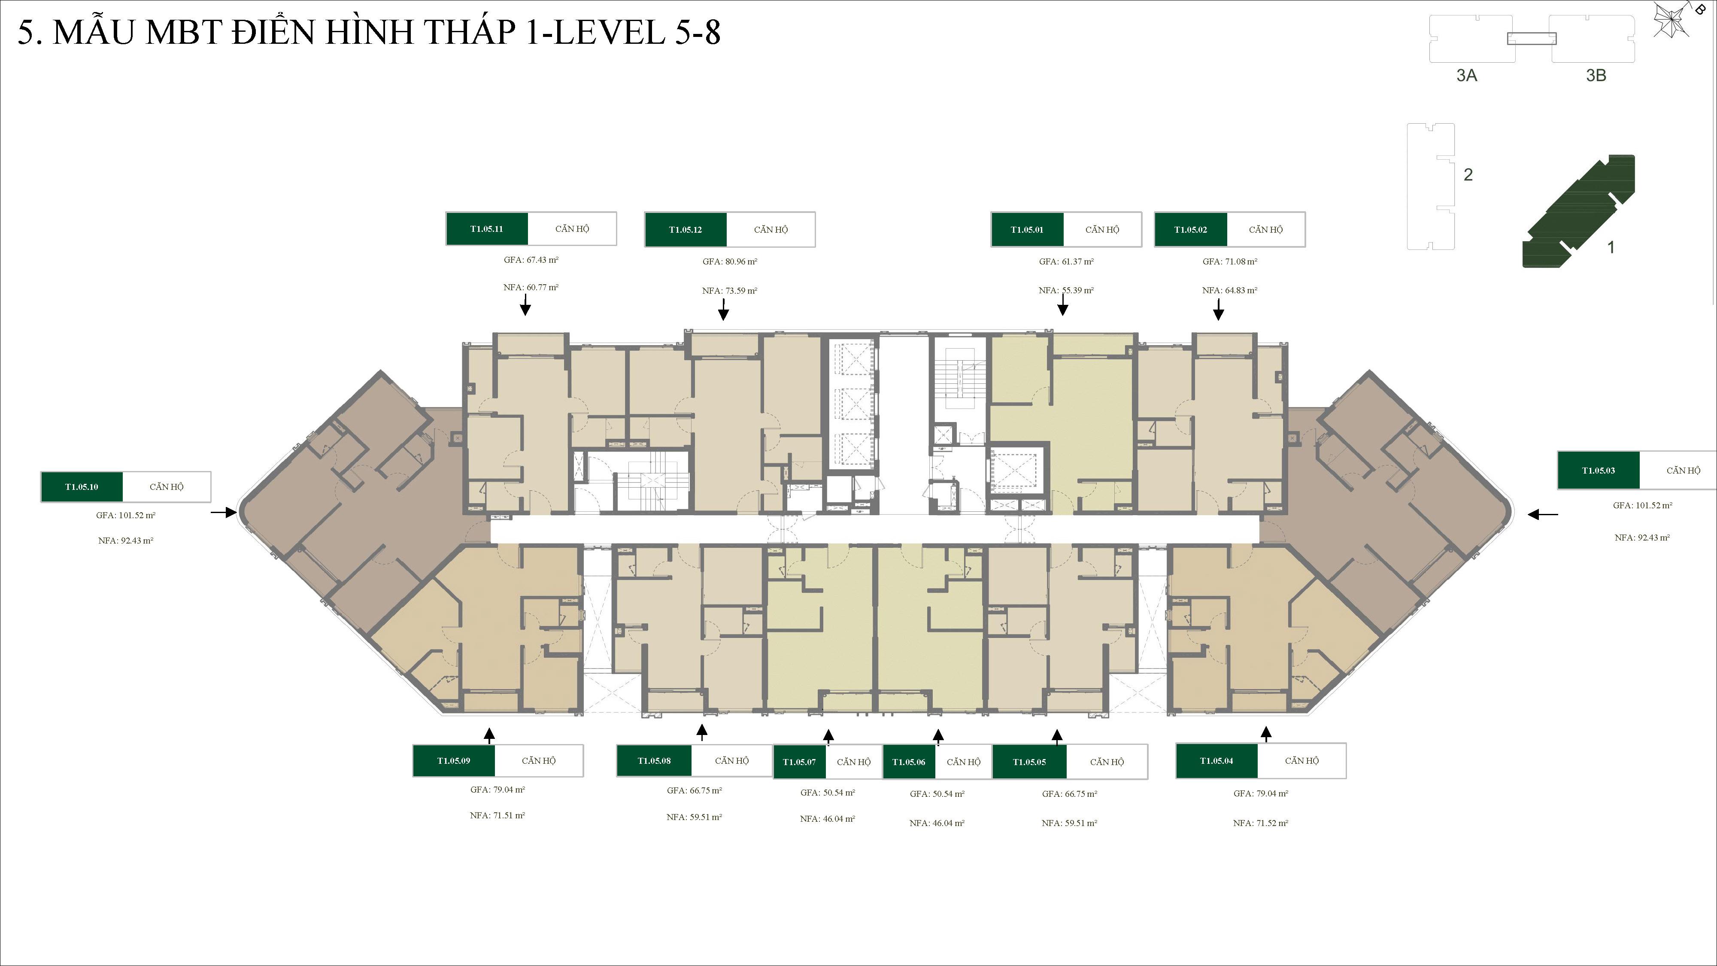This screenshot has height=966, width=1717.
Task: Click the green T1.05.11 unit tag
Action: tap(487, 229)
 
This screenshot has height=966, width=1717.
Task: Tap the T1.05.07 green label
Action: tap(799, 761)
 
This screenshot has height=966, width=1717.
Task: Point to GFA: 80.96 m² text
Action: tap(730, 261)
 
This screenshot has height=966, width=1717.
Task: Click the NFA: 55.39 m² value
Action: tap(1066, 290)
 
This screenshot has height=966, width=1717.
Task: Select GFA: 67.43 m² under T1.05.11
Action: tap(531, 260)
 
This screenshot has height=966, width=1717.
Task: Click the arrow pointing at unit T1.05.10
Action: tap(224, 512)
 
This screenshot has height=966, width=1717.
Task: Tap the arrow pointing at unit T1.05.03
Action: tap(1542, 514)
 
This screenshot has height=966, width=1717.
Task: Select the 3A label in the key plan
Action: tap(1466, 75)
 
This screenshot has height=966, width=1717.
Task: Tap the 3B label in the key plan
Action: tap(1596, 75)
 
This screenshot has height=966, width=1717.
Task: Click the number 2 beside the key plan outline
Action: tap(1468, 175)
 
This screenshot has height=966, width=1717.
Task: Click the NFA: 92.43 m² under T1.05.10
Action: tap(125, 541)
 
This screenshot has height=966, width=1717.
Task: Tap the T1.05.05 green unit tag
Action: tap(1029, 761)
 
